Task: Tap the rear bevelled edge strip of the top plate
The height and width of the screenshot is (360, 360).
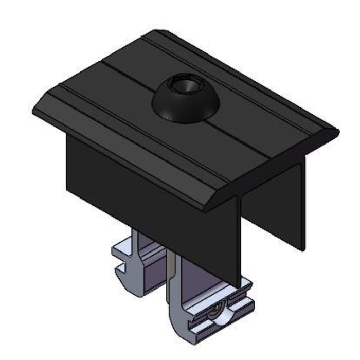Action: [247, 77]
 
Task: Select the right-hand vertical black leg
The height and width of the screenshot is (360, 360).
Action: [301, 201]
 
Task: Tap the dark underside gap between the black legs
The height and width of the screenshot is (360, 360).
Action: [267, 206]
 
